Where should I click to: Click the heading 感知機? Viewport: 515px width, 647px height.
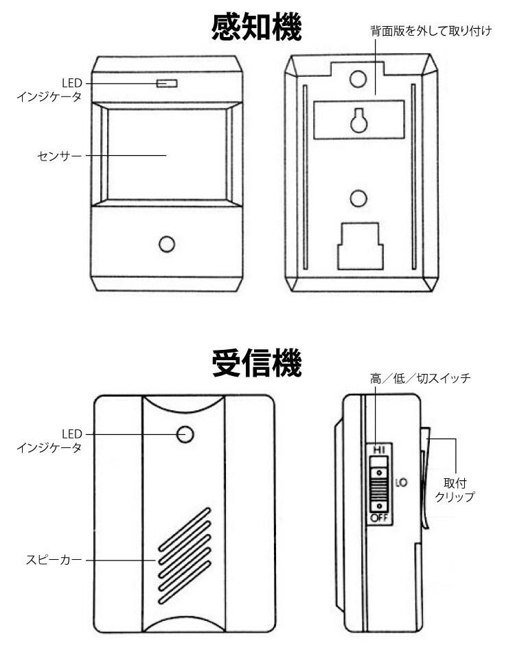tap(257, 29)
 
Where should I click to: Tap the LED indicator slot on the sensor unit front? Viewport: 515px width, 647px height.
tap(167, 84)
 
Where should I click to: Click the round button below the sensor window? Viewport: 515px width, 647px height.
tap(166, 244)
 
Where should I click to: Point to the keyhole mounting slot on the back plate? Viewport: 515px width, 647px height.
tap(356, 119)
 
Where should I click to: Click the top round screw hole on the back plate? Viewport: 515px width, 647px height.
tap(356, 80)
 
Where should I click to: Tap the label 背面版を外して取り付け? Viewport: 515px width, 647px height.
tap(426, 32)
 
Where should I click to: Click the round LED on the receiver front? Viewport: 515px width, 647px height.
tap(185, 434)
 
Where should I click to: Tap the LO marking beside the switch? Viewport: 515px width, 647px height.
tap(402, 482)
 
